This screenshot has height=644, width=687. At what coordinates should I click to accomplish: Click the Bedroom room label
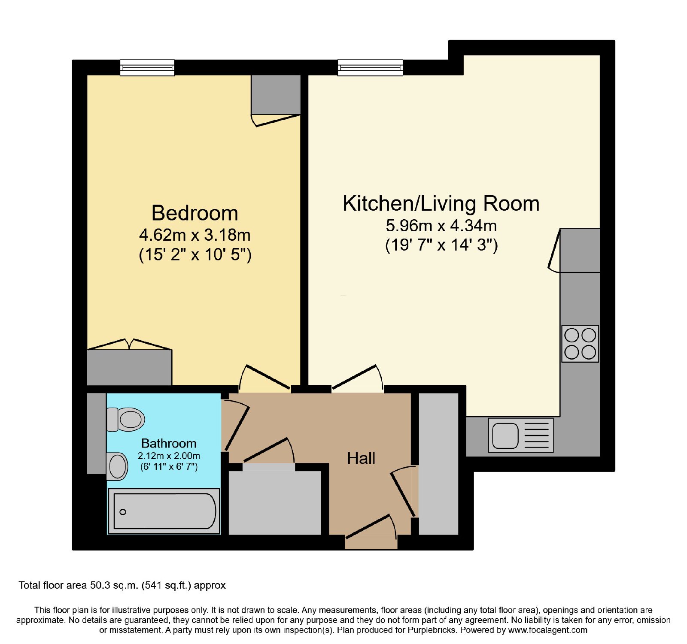coord(195,213)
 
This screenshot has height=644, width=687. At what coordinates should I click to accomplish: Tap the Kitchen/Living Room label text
coord(441,203)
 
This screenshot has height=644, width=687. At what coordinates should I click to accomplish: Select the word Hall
coord(361,458)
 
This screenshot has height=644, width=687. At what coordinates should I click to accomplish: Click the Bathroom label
coord(169,443)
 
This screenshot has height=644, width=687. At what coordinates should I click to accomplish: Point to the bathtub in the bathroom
coord(164,511)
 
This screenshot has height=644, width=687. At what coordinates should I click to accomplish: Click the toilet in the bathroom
coord(125,419)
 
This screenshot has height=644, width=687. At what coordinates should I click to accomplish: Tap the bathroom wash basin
coord(117,466)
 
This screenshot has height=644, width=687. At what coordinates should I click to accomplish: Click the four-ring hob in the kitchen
coord(580,344)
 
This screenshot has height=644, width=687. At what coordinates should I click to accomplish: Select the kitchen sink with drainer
coord(521,435)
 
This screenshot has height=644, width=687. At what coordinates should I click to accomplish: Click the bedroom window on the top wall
coord(147,68)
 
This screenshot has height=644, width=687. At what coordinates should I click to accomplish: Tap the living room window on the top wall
coord(370,68)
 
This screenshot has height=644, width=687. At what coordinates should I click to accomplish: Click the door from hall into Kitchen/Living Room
coord(356,377)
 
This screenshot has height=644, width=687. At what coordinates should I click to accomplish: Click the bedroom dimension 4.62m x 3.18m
coord(195,235)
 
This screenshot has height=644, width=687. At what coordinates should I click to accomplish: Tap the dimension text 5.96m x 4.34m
coord(441,225)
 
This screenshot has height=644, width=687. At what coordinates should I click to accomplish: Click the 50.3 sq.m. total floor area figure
coord(114,585)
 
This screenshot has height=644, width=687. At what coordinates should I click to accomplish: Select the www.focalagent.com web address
coord(547,630)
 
